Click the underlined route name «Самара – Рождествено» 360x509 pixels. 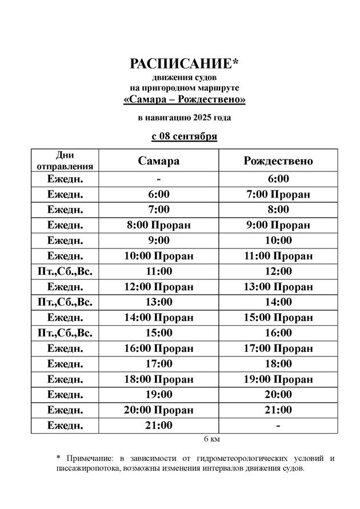tap(185, 100)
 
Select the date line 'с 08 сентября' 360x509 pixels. tap(184, 137)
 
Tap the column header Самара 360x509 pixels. tap(158, 161)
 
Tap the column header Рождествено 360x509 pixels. tap(278, 161)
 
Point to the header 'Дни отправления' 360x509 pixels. tap(65, 161)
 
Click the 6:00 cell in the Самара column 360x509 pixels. tap(158, 194)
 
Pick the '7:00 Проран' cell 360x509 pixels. tap(278, 194)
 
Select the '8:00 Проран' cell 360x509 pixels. tap(158, 225)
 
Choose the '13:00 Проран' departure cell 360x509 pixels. tap(278, 287)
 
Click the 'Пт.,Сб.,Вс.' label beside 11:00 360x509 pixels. tap(65, 271)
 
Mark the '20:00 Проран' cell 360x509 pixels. tap(158, 410)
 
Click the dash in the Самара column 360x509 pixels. tap(158, 179)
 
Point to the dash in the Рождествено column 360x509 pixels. tap(278, 426)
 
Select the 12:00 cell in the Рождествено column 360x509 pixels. tap(278, 271)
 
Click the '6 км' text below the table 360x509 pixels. tap(211, 439)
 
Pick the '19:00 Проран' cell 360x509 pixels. tap(278, 379)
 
